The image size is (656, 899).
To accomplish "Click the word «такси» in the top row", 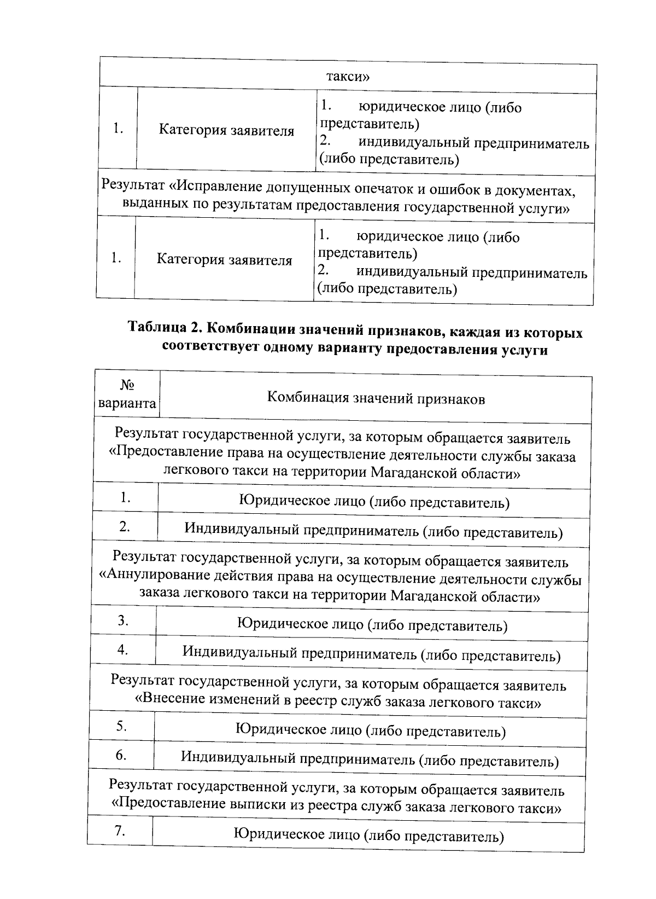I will point(348,76).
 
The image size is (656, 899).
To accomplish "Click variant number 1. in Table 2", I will point(126,497).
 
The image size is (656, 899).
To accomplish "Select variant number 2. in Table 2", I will point(125,527).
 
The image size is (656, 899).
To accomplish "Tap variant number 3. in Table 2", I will point(123,620).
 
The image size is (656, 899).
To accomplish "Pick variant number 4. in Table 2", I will point(122,650).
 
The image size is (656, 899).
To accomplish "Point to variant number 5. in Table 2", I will point(121,726).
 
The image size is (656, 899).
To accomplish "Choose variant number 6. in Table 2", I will point(121,756).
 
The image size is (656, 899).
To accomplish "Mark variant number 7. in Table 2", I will point(120,831).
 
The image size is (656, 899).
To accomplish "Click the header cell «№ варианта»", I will point(127,395).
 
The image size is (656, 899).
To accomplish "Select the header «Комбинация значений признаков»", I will point(376,399).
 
